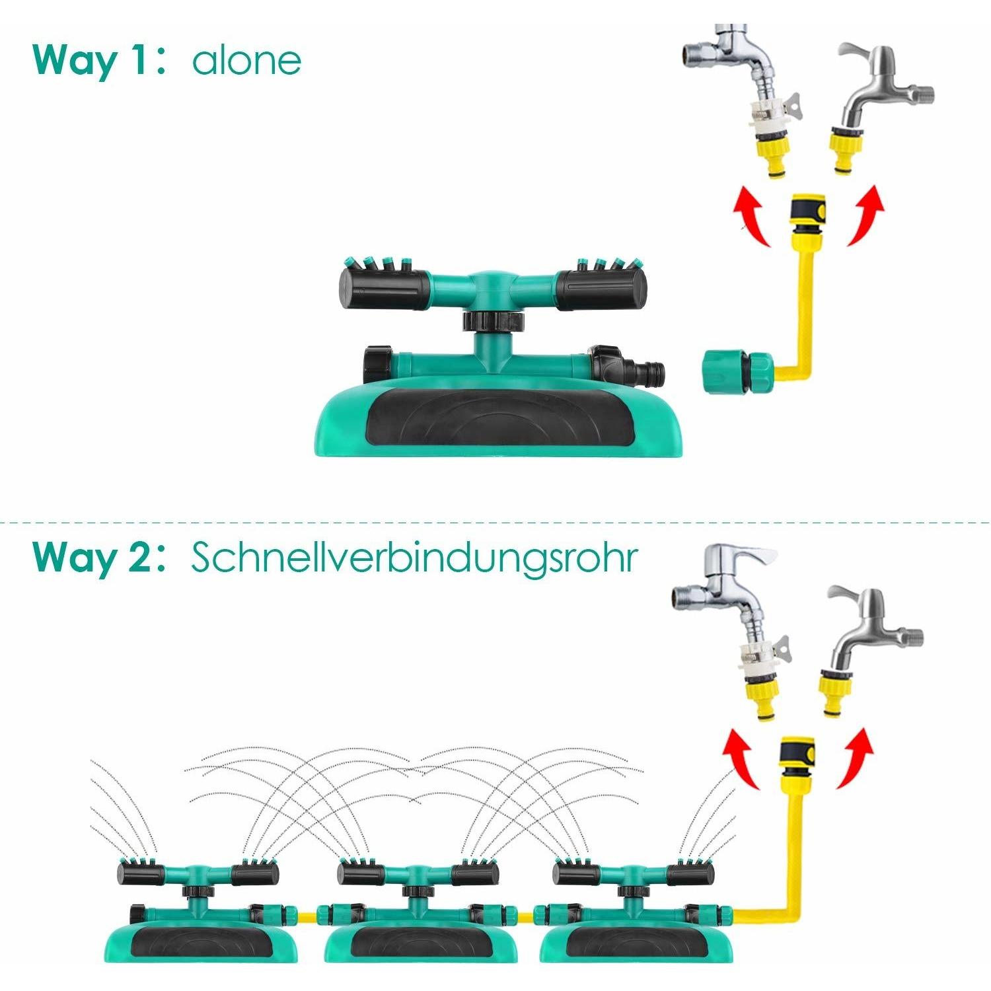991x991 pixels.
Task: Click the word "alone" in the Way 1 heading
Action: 246,61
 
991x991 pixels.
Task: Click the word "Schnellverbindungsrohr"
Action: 414,558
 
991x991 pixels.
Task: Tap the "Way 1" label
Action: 93,61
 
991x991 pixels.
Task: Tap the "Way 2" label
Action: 93,558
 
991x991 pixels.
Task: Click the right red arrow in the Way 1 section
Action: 866,214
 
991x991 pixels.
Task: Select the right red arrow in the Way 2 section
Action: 856,757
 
